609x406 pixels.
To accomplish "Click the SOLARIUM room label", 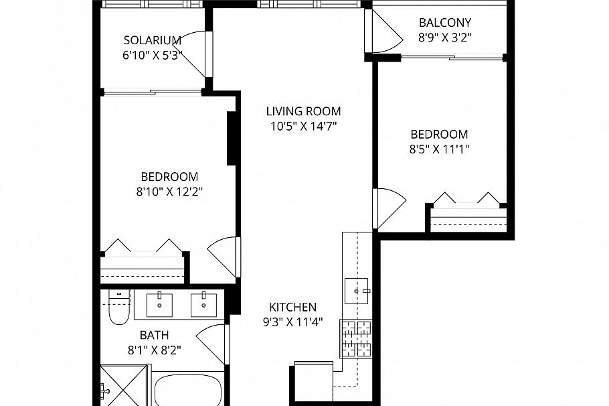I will point(153,40).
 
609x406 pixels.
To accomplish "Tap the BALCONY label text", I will point(445,22).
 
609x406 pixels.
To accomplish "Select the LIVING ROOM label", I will point(303,111).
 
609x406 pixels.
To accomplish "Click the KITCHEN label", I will point(292,307).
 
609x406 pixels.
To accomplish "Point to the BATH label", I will point(154,335).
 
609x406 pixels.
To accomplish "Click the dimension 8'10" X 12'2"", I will point(169,191).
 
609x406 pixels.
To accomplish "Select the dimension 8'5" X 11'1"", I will point(439,149).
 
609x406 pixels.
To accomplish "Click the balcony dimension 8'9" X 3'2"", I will point(445,38).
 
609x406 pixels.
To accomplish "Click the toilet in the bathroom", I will point(118,308).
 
